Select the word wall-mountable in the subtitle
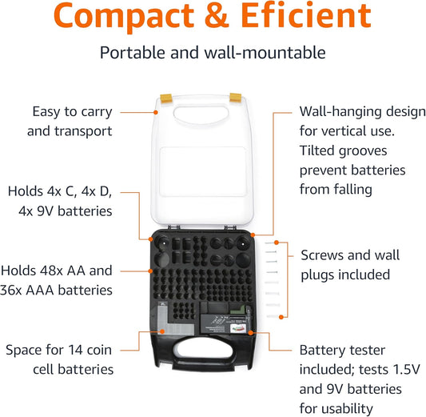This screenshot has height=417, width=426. point(268,53)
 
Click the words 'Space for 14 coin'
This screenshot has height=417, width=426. point(59,350)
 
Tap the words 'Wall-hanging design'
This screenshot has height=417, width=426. point(351,111)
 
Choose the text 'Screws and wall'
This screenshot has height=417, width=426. point(350,255)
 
